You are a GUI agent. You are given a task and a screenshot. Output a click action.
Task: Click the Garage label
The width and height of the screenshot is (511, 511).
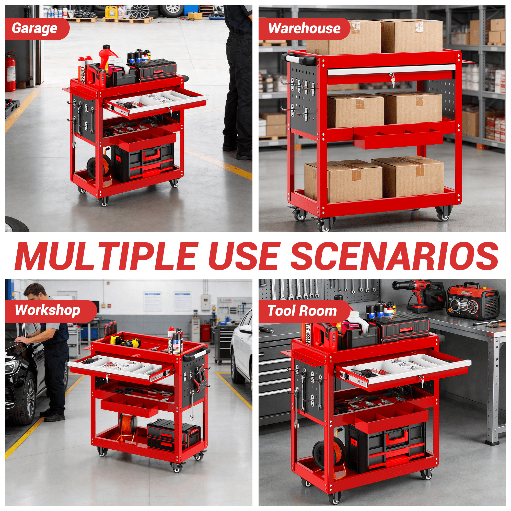34,28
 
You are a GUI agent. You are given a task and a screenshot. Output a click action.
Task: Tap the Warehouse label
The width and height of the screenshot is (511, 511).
305,28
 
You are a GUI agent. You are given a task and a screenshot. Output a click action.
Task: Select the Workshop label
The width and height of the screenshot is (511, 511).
48,310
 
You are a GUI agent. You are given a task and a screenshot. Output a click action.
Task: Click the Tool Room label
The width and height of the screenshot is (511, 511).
302,310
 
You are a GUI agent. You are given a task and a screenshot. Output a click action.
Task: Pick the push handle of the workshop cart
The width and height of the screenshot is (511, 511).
195,354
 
